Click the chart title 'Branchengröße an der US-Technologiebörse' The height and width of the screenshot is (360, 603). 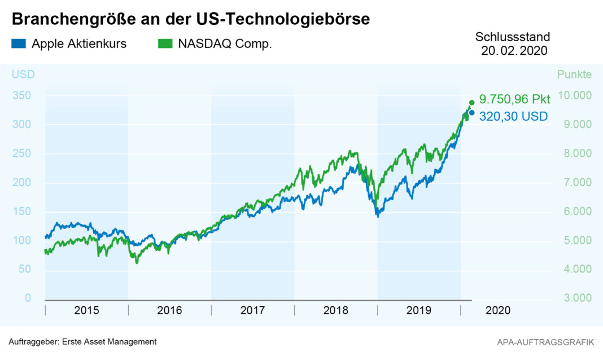pyautogui.click(x=191, y=19)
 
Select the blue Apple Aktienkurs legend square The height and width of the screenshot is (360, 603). pyautogui.click(x=18, y=43)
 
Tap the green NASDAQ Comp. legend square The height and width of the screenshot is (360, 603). pyautogui.click(x=165, y=43)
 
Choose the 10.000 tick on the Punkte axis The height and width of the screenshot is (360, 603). pyautogui.click(x=574, y=95)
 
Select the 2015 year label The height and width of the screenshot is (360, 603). pyautogui.click(x=86, y=310)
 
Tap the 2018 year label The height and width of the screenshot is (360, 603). pyautogui.click(x=335, y=310)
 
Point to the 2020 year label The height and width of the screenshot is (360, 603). pyautogui.click(x=498, y=310)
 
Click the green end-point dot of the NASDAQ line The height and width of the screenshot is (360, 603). pyautogui.click(x=472, y=102)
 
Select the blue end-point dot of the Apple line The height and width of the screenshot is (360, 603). pyautogui.click(x=472, y=113)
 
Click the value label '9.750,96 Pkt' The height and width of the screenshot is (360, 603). pyautogui.click(x=514, y=99)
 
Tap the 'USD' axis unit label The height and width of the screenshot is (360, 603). pyautogui.click(x=23, y=74)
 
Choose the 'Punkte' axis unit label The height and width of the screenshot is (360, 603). pyautogui.click(x=574, y=74)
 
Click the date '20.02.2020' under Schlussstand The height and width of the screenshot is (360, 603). pyautogui.click(x=514, y=51)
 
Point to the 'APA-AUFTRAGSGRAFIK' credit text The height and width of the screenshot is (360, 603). pyautogui.click(x=545, y=342)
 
